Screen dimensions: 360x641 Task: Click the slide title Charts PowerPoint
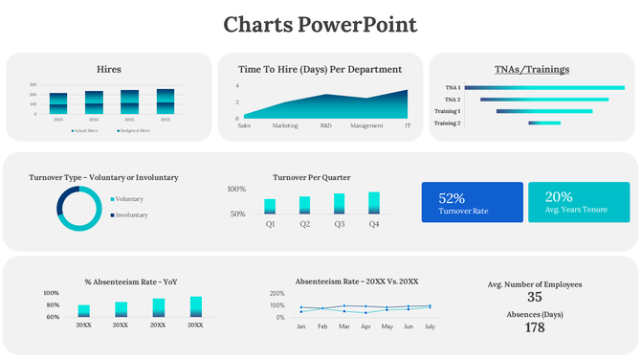click(x=320, y=24)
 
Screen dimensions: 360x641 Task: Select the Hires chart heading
click(x=109, y=69)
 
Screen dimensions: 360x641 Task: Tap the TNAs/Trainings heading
click(x=531, y=69)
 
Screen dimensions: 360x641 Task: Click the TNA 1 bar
click(x=544, y=87)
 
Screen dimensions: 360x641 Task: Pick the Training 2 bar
click(x=545, y=123)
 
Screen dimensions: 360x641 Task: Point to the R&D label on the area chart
click(x=326, y=125)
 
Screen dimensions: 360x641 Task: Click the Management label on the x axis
click(x=366, y=125)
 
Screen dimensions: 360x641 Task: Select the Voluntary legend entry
click(x=129, y=199)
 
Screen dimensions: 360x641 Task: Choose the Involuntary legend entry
click(x=131, y=215)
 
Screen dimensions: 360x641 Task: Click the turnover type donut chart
click(x=78, y=208)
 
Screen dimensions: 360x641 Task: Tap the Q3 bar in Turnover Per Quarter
click(x=340, y=203)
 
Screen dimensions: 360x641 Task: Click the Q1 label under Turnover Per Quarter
click(x=270, y=224)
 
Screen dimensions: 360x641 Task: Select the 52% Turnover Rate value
click(x=452, y=197)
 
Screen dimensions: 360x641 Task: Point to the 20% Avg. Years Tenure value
click(x=559, y=197)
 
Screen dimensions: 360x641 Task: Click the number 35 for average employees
click(x=534, y=297)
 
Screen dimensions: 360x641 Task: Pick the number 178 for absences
click(x=534, y=327)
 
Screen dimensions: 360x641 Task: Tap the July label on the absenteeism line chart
click(x=430, y=326)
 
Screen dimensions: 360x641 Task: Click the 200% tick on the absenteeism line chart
click(x=277, y=293)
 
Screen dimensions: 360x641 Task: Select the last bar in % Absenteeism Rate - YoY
click(x=196, y=306)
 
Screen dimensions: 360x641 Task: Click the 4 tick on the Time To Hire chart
click(x=236, y=85)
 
